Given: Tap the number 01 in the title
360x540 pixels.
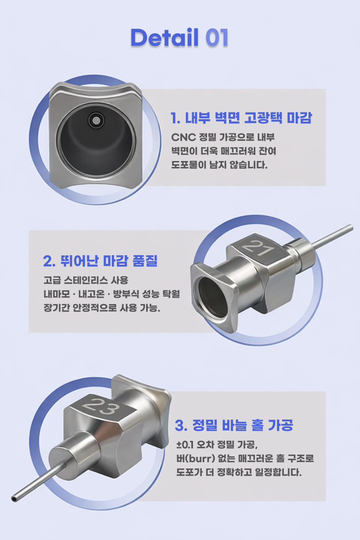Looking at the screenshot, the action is click(217, 37).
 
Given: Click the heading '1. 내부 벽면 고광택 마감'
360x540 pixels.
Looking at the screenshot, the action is click(241, 118).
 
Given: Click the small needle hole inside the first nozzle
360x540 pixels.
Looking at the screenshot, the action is click(96, 120).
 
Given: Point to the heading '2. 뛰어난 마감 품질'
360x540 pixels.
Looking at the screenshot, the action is click(100, 261).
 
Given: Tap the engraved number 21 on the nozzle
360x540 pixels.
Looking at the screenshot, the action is click(257, 248).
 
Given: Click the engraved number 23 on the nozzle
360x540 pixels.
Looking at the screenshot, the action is click(101, 407).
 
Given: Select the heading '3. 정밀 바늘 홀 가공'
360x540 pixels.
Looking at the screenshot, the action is click(234, 425).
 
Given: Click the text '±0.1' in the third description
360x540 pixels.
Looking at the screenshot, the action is click(185, 445).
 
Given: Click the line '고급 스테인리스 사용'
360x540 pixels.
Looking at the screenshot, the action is click(86, 280).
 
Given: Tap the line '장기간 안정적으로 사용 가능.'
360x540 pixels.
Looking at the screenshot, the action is click(102, 307).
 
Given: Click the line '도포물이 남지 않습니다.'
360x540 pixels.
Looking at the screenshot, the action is click(219, 165).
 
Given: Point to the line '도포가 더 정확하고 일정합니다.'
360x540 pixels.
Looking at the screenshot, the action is click(239, 472).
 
